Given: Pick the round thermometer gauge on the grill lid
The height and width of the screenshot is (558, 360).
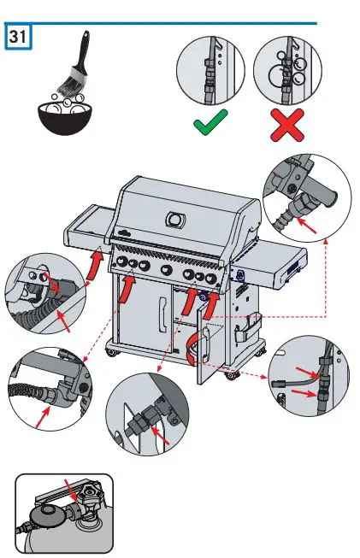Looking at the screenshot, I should click(x=174, y=219).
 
